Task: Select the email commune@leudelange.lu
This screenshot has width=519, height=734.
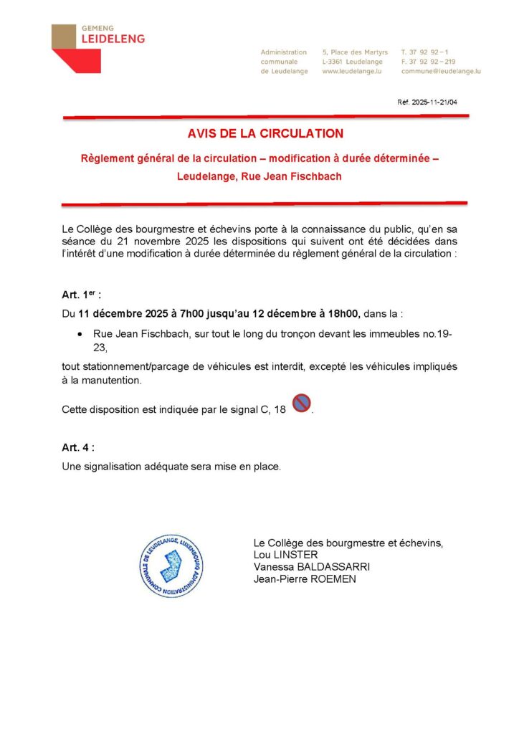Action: click(441, 72)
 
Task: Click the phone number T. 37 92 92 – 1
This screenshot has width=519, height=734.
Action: click(426, 52)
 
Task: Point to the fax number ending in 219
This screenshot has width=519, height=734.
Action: click(428, 62)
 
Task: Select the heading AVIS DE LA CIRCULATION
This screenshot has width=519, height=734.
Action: click(265, 133)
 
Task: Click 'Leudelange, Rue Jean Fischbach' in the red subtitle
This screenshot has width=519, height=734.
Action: click(259, 176)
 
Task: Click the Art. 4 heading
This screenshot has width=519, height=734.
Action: click(77, 447)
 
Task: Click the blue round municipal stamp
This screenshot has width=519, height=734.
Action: click(171, 566)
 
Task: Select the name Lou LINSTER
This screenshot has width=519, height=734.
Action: click(285, 555)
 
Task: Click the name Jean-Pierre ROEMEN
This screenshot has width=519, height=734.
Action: click(305, 579)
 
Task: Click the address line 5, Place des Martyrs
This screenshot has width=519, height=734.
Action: click(355, 52)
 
